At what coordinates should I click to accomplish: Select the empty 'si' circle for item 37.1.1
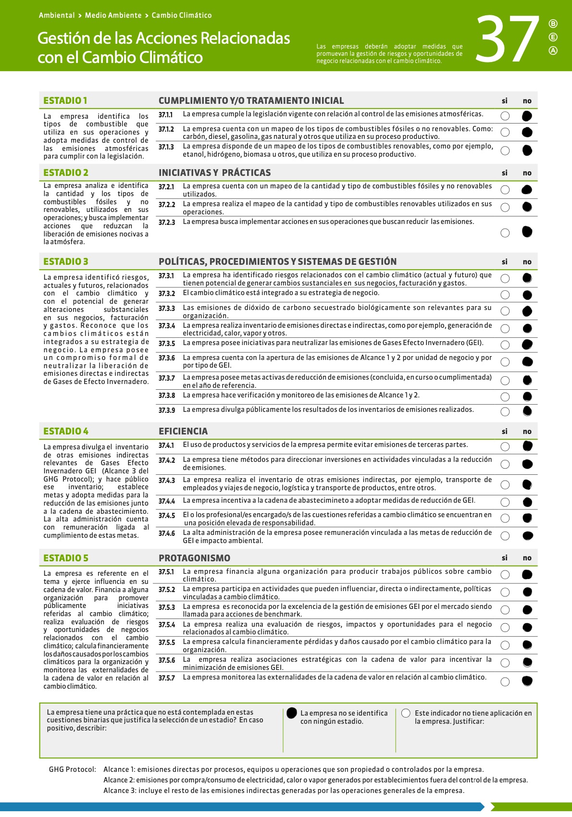click(x=505, y=116)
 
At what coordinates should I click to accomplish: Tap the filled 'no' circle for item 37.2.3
click(x=527, y=232)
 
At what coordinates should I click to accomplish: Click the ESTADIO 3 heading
click(x=66, y=261)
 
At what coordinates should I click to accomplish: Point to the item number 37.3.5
click(x=167, y=344)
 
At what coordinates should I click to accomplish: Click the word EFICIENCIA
click(x=183, y=431)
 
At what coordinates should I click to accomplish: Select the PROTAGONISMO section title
click(x=194, y=558)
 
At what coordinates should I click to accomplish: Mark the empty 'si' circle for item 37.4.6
click(x=505, y=536)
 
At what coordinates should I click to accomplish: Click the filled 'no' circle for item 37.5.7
click(x=527, y=681)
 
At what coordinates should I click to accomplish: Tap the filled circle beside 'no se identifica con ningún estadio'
click(x=292, y=713)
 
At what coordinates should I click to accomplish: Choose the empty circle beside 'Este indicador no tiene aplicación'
click(x=406, y=713)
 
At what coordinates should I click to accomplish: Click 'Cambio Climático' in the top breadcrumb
click(x=182, y=15)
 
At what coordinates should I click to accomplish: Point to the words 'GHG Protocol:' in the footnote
click(x=73, y=769)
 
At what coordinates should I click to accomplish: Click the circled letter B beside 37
click(x=553, y=24)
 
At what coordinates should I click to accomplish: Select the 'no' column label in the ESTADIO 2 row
click(x=527, y=173)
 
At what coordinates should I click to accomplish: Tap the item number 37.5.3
click(x=167, y=607)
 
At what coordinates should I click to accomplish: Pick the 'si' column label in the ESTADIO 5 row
click(x=505, y=558)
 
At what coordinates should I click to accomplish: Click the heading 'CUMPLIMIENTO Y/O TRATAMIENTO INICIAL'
click(x=251, y=100)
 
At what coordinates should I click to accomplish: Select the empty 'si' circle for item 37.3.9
click(x=505, y=412)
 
